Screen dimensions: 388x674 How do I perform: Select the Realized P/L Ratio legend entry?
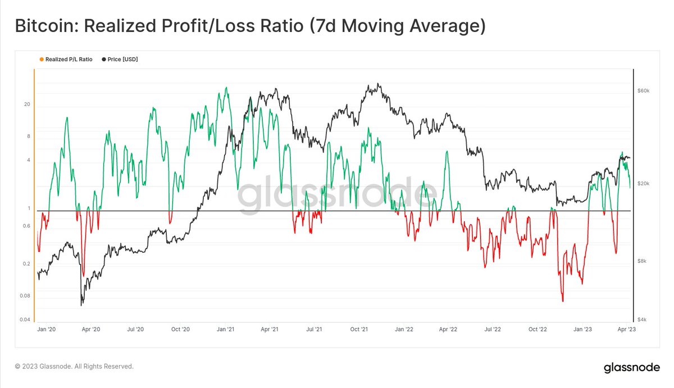pyautogui.click(x=69, y=59)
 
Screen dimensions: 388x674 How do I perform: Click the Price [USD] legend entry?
pyautogui.click(x=122, y=59)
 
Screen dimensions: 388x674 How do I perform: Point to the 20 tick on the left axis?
pyautogui.click(x=27, y=104)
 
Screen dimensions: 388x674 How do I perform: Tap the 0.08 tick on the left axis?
pyautogui.click(x=26, y=296)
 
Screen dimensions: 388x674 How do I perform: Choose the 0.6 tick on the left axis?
pyautogui.click(x=26, y=226)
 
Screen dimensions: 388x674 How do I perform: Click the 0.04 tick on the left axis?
pyautogui.click(x=26, y=320)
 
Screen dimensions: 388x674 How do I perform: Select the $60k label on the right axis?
pyautogui.click(x=644, y=90)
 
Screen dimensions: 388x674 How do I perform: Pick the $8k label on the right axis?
pyautogui.click(x=643, y=261)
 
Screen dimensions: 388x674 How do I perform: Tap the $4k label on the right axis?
pyautogui.click(x=643, y=320)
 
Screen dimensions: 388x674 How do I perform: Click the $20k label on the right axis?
pyautogui.click(x=644, y=184)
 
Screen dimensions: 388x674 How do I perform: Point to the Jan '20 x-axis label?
pyautogui.click(x=45, y=330)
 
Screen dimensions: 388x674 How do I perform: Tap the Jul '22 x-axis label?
pyautogui.click(x=493, y=330)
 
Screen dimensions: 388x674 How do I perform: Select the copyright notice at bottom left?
pyautogui.click(x=74, y=366)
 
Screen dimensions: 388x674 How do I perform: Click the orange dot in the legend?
pyautogui.click(x=42, y=59)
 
